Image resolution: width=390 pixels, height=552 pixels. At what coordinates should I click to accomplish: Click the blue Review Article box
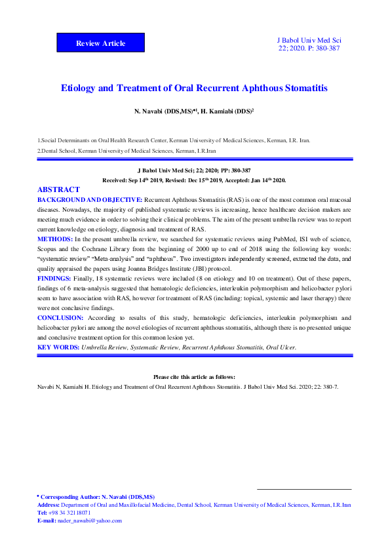(x=100, y=43)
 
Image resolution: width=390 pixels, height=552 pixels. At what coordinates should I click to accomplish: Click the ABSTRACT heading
(x=58, y=189)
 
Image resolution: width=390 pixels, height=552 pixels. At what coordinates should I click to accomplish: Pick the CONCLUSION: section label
(x=60, y=317)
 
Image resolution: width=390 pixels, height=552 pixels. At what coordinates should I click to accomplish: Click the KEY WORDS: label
(x=58, y=347)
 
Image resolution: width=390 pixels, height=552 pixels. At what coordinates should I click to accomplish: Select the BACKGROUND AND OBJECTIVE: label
(x=90, y=199)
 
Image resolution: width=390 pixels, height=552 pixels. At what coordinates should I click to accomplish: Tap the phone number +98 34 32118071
(x=71, y=513)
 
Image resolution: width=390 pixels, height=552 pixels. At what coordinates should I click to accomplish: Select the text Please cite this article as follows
(x=195, y=377)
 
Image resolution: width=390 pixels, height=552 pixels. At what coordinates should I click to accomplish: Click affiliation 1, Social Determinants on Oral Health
(x=174, y=140)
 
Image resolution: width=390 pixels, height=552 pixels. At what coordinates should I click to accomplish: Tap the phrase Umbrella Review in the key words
(x=104, y=347)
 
